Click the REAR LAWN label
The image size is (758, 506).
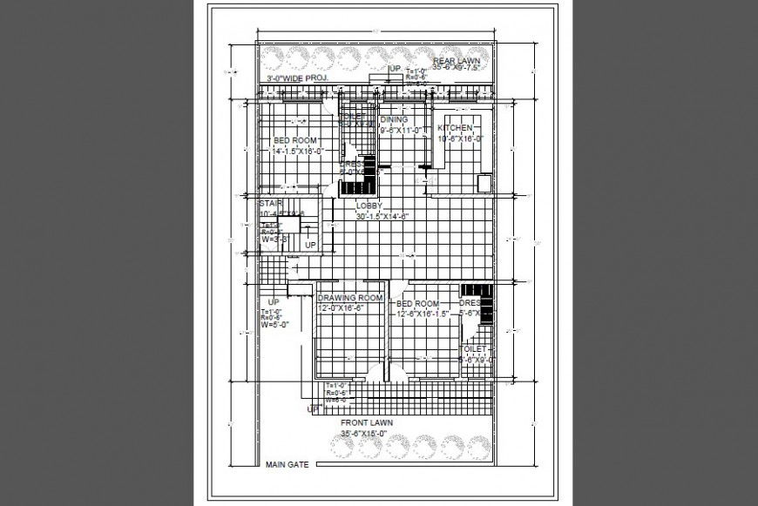click(x=457, y=59)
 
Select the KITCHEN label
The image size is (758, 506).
click(x=455, y=128)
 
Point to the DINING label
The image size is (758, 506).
click(x=394, y=120)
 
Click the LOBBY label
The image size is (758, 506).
click(x=369, y=207)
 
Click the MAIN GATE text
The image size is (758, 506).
click(x=287, y=466)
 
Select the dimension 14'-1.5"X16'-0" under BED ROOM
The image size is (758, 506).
click(x=297, y=150)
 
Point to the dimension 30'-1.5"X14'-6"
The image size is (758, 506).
click(x=382, y=216)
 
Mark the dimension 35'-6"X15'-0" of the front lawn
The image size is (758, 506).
click(x=367, y=432)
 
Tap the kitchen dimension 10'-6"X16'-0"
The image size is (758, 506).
click(x=460, y=138)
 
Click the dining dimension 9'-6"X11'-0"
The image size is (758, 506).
click(x=401, y=130)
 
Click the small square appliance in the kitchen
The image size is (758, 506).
click(x=484, y=183)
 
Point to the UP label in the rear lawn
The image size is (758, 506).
click(x=394, y=68)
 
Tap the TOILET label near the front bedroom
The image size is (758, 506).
click(x=474, y=348)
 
